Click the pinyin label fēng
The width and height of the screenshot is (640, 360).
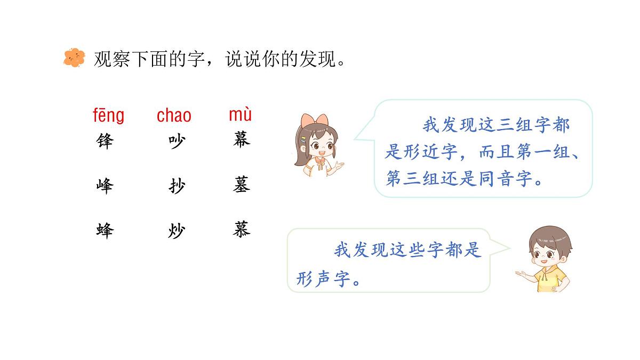108,115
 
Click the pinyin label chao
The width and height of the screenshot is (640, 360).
174,115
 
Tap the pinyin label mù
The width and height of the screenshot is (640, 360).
240,114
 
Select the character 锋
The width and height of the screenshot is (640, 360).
105,141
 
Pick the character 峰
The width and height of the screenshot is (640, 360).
105,186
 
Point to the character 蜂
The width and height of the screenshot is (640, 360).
105,231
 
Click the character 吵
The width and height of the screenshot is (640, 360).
177,141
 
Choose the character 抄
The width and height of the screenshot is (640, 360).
177,186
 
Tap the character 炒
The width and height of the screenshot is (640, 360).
177,231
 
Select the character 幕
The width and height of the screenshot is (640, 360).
242,140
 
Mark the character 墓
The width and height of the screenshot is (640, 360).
242,185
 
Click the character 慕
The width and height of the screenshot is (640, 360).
242,230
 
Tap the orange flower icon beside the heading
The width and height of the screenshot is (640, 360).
74,58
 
